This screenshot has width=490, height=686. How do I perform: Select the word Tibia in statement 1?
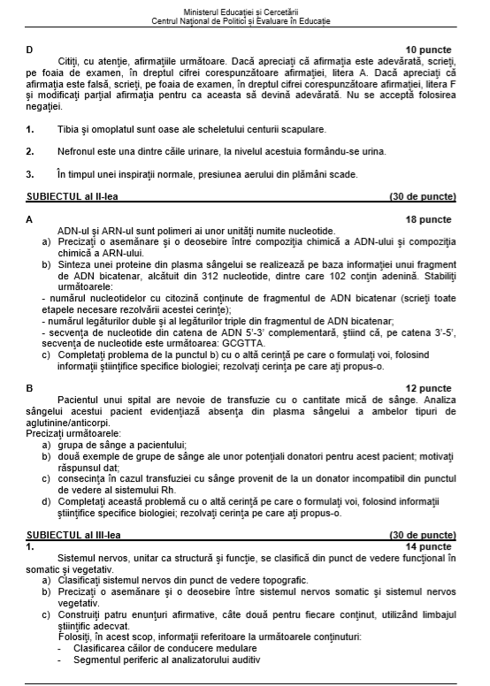[69, 129]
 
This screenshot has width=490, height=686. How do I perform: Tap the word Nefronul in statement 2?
[77, 151]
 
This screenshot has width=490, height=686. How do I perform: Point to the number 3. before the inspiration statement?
[30, 174]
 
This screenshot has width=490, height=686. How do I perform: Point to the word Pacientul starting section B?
[77, 400]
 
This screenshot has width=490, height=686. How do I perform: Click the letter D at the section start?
[30, 50]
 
